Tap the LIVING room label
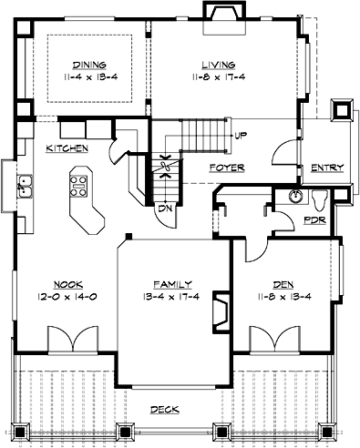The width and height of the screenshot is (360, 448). (x=214, y=65)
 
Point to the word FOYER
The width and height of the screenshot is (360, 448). (x=223, y=168)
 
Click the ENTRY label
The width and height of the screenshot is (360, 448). (x=325, y=168)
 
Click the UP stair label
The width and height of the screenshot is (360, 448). (x=242, y=136)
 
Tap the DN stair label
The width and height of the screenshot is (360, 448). (x=165, y=208)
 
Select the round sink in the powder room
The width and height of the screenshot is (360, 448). (x=294, y=196)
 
